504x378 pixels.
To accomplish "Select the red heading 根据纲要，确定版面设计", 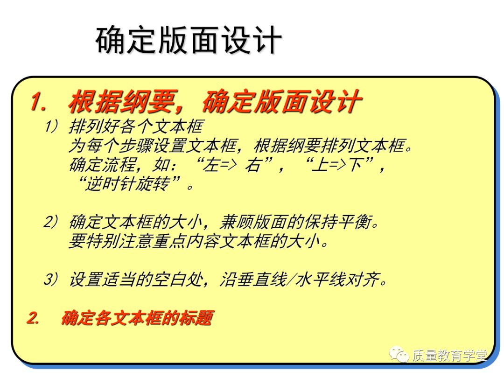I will pos(215,102).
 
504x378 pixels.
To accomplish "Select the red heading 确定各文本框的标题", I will pos(137,319).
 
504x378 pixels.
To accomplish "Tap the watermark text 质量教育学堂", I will pos(449,356).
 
